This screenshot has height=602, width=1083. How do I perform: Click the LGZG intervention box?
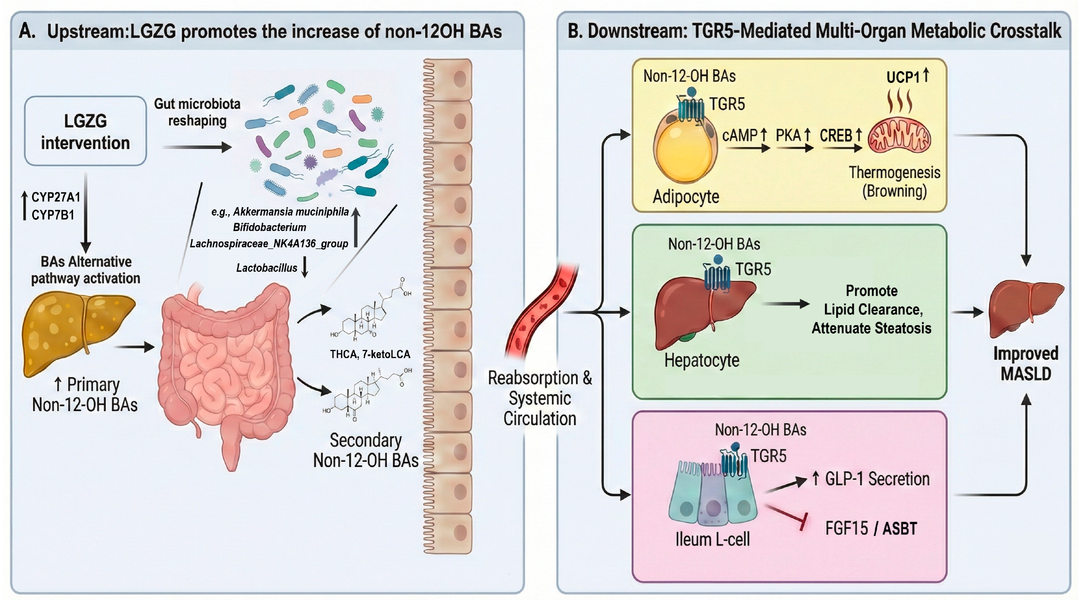[85, 131]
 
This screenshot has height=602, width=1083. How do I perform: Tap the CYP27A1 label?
[56, 197]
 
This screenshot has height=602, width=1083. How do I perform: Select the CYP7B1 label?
[53, 215]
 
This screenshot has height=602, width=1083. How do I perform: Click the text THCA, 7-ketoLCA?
[370, 354]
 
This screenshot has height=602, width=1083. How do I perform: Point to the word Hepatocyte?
[702, 360]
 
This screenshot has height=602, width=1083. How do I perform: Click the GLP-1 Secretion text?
[872, 479]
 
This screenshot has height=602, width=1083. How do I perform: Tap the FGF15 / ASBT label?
[871, 528]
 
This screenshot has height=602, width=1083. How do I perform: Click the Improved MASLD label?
[1026, 363]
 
